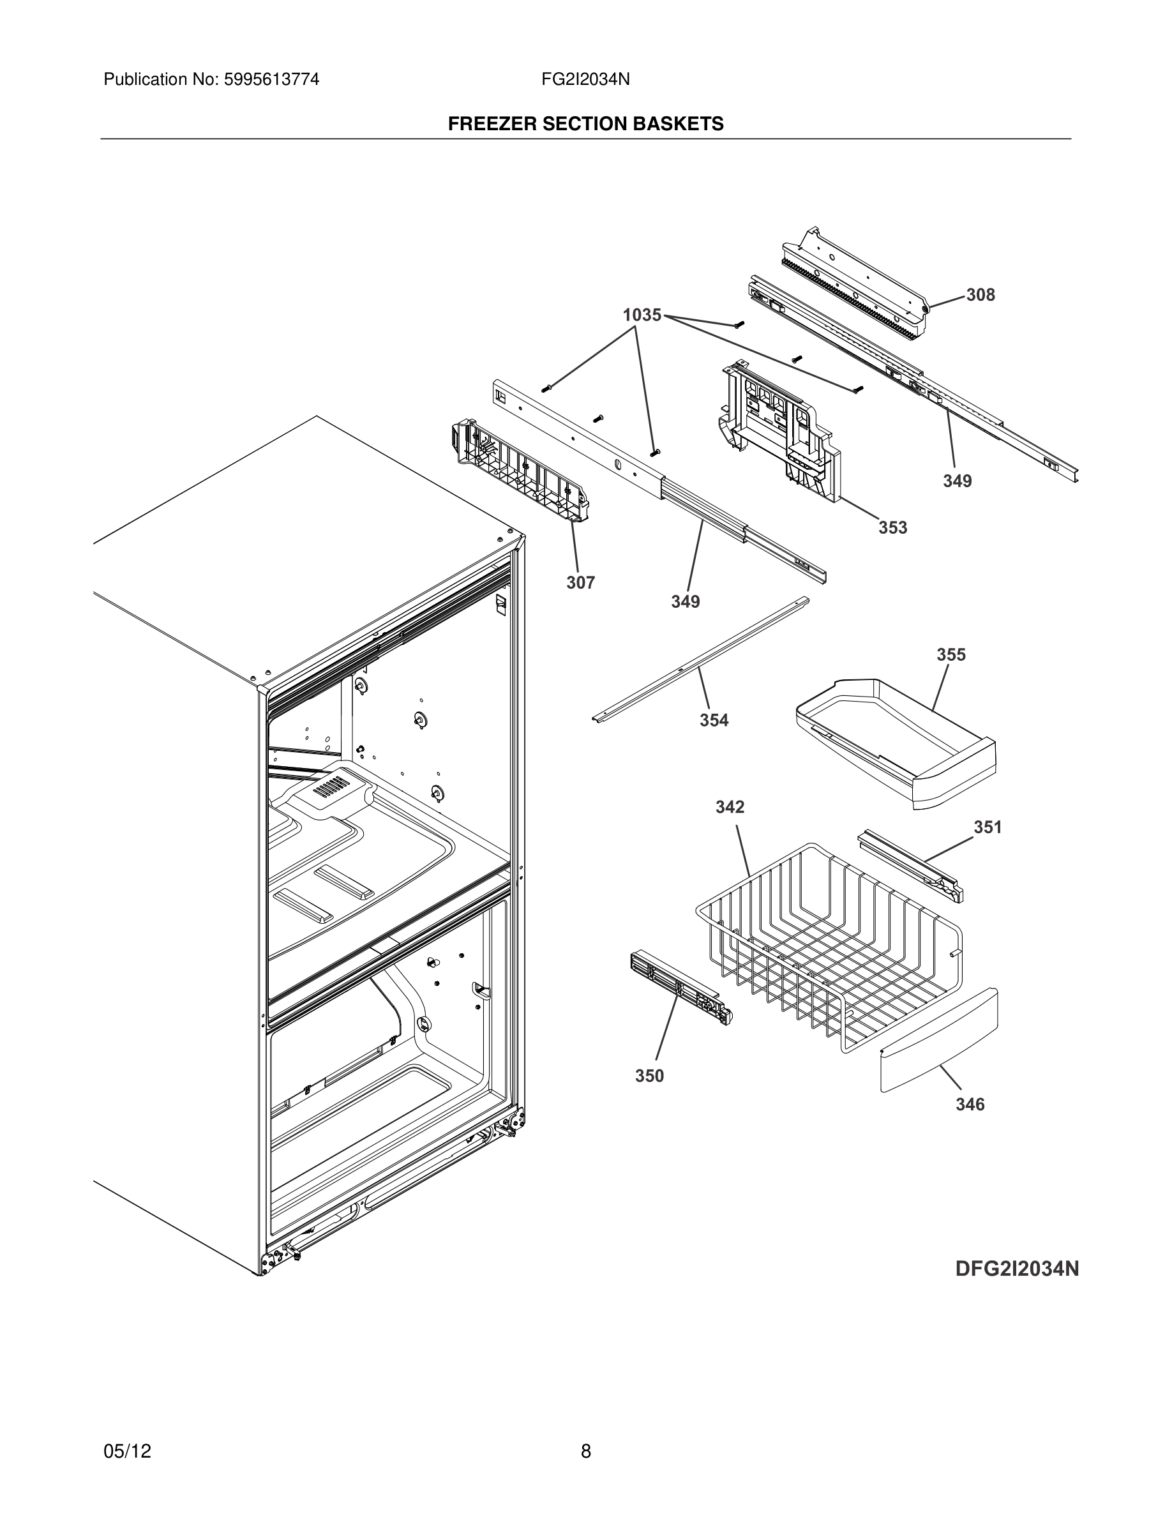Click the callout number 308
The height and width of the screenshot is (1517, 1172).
[980, 295]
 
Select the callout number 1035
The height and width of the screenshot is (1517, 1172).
[642, 315]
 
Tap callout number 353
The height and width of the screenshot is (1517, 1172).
[892, 527]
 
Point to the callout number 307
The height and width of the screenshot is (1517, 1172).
[580, 583]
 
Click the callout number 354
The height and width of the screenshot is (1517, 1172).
[714, 720]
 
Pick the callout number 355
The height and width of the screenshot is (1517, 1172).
[950, 654]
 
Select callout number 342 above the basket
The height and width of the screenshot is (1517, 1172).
[730, 806]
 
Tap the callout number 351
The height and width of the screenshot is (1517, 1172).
[988, 827]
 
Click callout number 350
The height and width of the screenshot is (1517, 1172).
[649, 1076]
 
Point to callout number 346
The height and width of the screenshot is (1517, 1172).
[969, 1104]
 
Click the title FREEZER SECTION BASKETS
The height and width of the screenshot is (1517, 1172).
[585, 124]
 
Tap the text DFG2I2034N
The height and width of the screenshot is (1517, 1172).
[1016, 1269]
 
